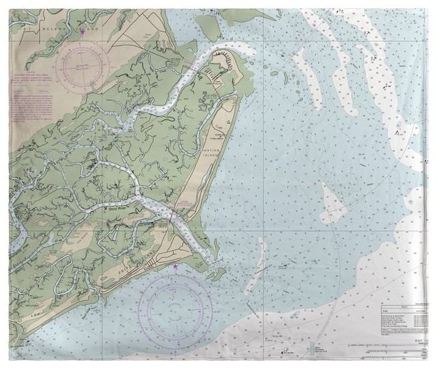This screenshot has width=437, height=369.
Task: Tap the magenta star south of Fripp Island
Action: coord(175,266)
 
